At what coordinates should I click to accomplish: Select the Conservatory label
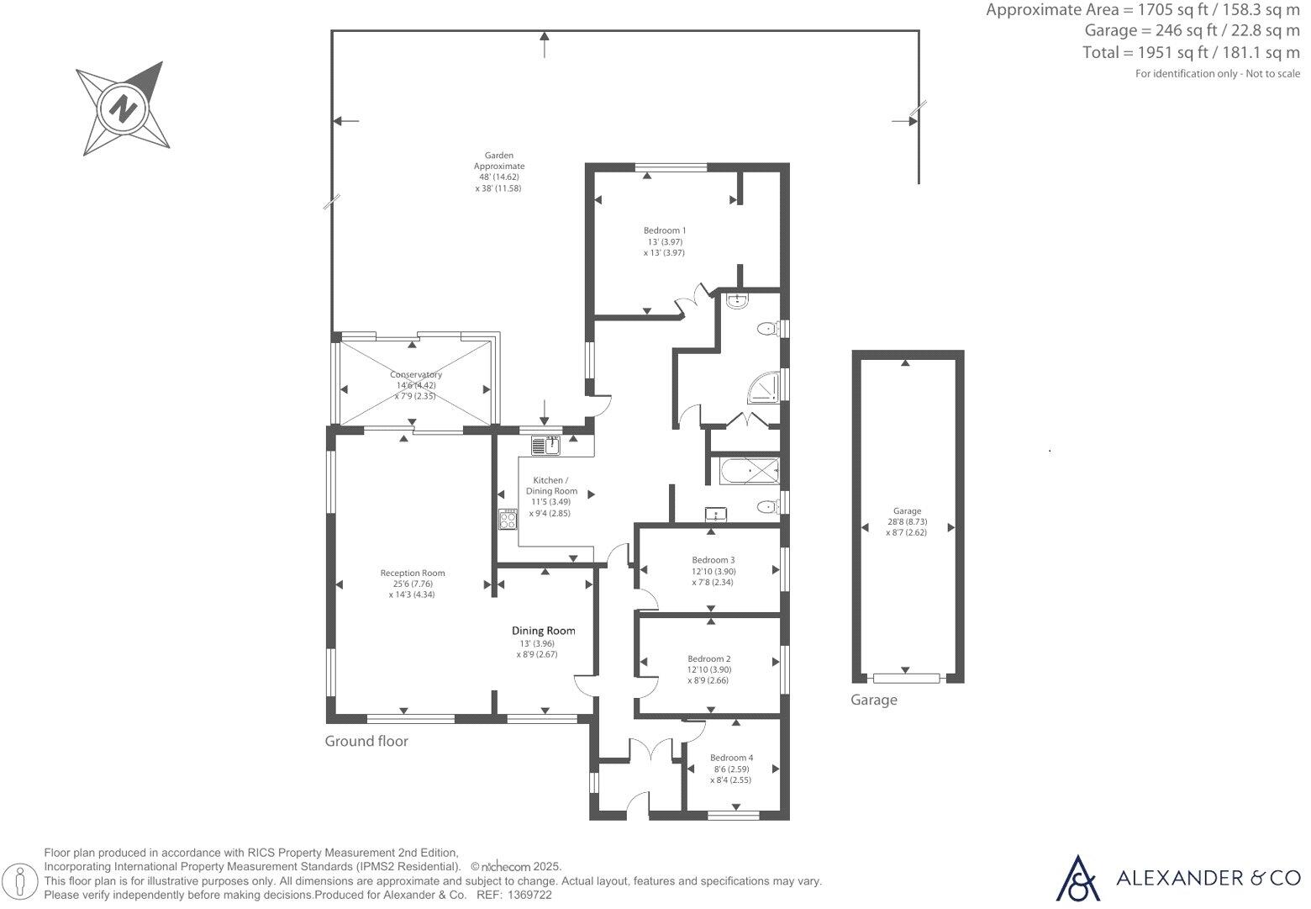tap(416, 375)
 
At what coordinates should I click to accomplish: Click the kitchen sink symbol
tap(545, 445)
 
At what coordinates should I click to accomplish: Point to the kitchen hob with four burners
tap(507, 520)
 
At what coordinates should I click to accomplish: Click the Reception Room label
tap(413, 573)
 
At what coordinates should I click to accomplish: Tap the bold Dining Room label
tap(544, 631)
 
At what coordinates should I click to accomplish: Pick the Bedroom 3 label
tap(713, 560)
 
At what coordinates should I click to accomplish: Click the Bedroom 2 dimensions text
tap(708, 675)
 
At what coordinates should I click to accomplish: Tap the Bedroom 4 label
tap(731, 758)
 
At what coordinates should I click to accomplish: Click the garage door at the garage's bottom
tap(906, 678)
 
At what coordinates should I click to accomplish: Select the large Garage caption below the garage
tap(874, 700)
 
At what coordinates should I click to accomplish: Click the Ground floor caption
tap(366, 741)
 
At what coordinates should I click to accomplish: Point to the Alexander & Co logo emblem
tap(1077, 878)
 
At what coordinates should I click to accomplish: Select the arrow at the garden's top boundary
tap(545, 43)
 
